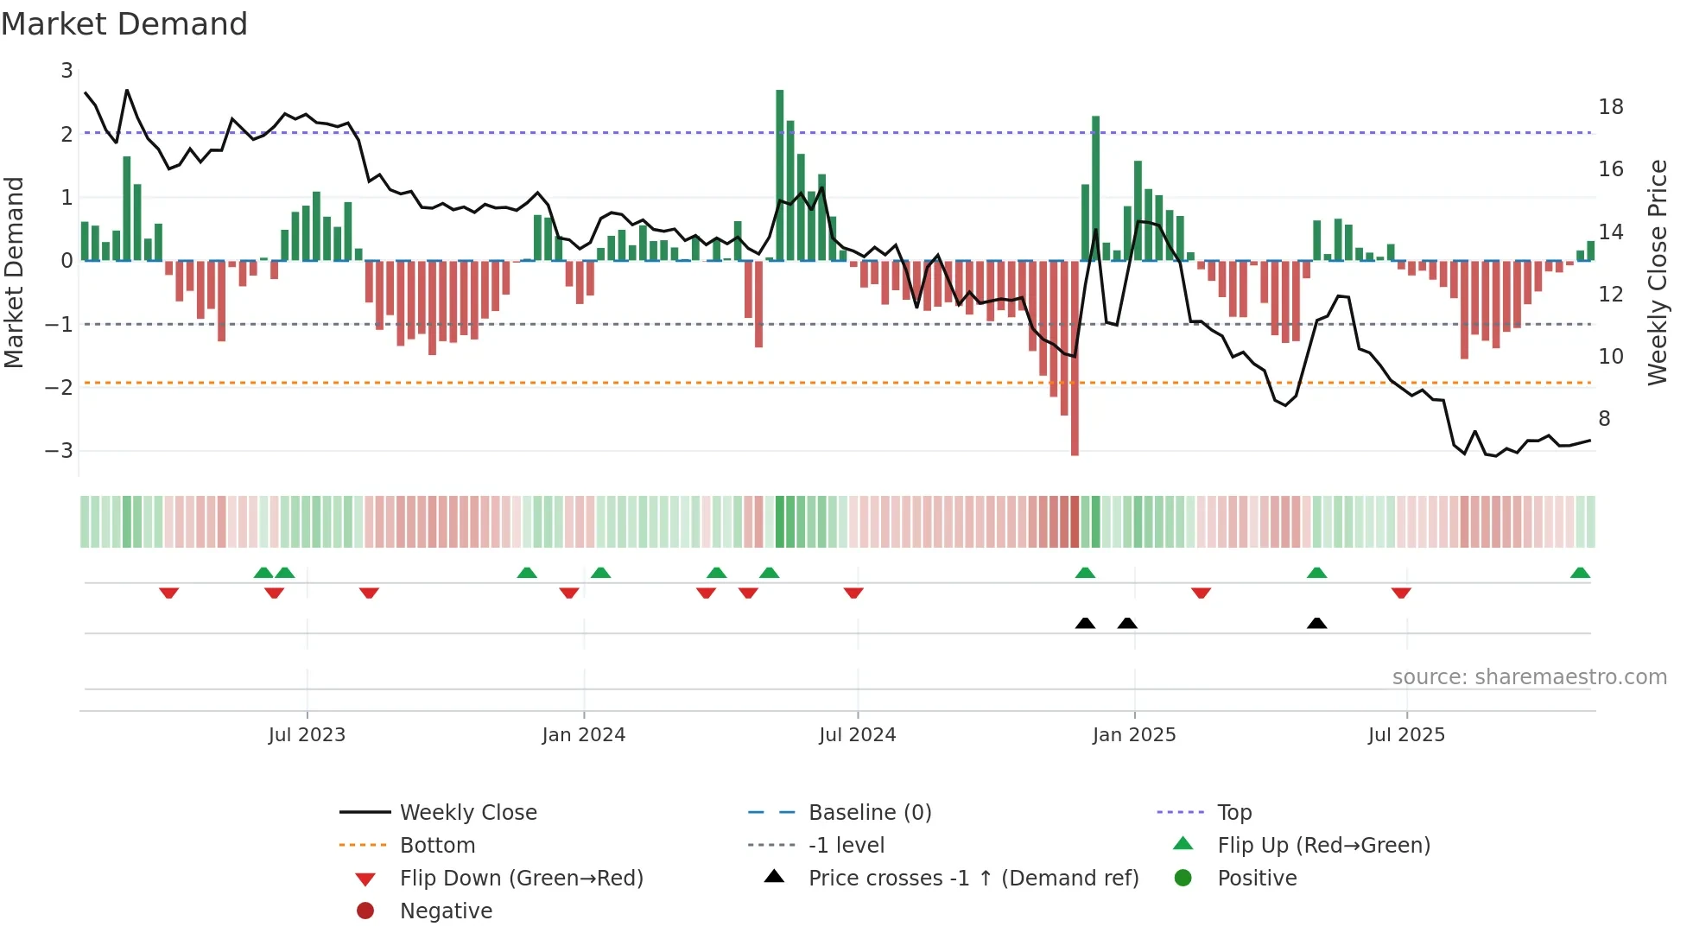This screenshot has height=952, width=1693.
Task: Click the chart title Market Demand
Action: [124, 24]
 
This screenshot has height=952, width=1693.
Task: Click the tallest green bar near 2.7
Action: [779, 173]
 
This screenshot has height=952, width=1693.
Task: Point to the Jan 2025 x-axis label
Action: [1133, 735]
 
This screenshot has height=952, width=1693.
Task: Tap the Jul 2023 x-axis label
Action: [307, 735]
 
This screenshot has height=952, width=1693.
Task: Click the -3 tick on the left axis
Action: [60, 451]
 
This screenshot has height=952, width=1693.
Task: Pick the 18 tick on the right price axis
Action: [1610, 107]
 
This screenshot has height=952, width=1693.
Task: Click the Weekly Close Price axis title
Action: [1657, 272]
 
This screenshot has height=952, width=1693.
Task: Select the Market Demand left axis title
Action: [15, 272]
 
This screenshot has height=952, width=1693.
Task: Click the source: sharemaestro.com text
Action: [1529, 677]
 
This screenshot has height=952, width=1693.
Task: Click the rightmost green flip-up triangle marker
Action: [1580, 573]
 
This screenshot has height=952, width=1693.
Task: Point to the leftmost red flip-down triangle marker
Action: [169, 593]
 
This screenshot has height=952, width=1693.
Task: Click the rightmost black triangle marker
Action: [1316, 623]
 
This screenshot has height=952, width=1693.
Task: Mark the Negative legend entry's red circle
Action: [365, 911]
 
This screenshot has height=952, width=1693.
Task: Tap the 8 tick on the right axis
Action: [1604, 419]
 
